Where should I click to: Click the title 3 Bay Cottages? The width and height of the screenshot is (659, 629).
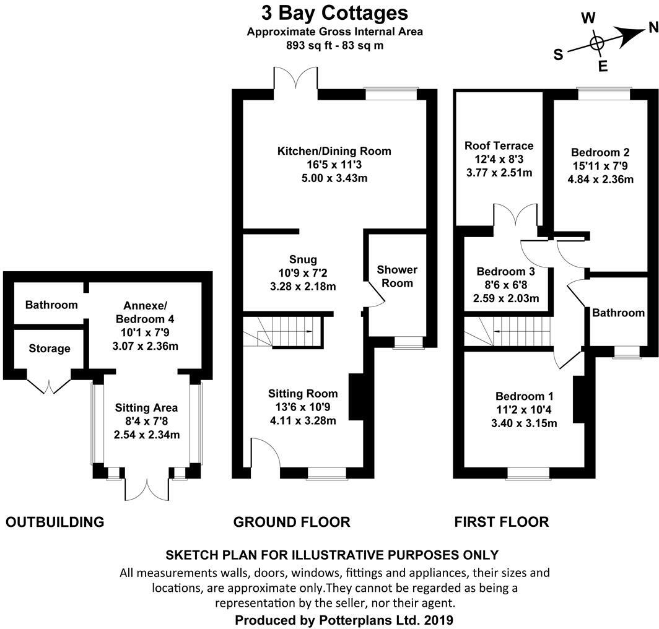334,12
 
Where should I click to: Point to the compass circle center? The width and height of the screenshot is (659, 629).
596,43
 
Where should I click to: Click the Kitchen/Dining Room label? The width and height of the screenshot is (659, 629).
334,151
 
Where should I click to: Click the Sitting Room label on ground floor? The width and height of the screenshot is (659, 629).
303,393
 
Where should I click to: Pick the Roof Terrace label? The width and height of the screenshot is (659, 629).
499,146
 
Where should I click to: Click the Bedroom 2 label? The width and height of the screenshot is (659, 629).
600,152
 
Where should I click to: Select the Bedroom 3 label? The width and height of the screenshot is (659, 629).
505,271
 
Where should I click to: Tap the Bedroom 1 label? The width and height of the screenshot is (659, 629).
525,396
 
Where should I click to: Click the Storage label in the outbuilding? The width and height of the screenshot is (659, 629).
50,349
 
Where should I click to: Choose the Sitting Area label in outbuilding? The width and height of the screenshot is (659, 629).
147,408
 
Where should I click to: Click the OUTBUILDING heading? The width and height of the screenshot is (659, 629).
55,522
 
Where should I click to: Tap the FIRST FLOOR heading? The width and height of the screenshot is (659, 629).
501,522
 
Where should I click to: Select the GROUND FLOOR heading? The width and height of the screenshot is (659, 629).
291,522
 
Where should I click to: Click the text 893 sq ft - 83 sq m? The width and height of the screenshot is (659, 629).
334,45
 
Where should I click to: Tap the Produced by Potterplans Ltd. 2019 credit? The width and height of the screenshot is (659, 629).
344,620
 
